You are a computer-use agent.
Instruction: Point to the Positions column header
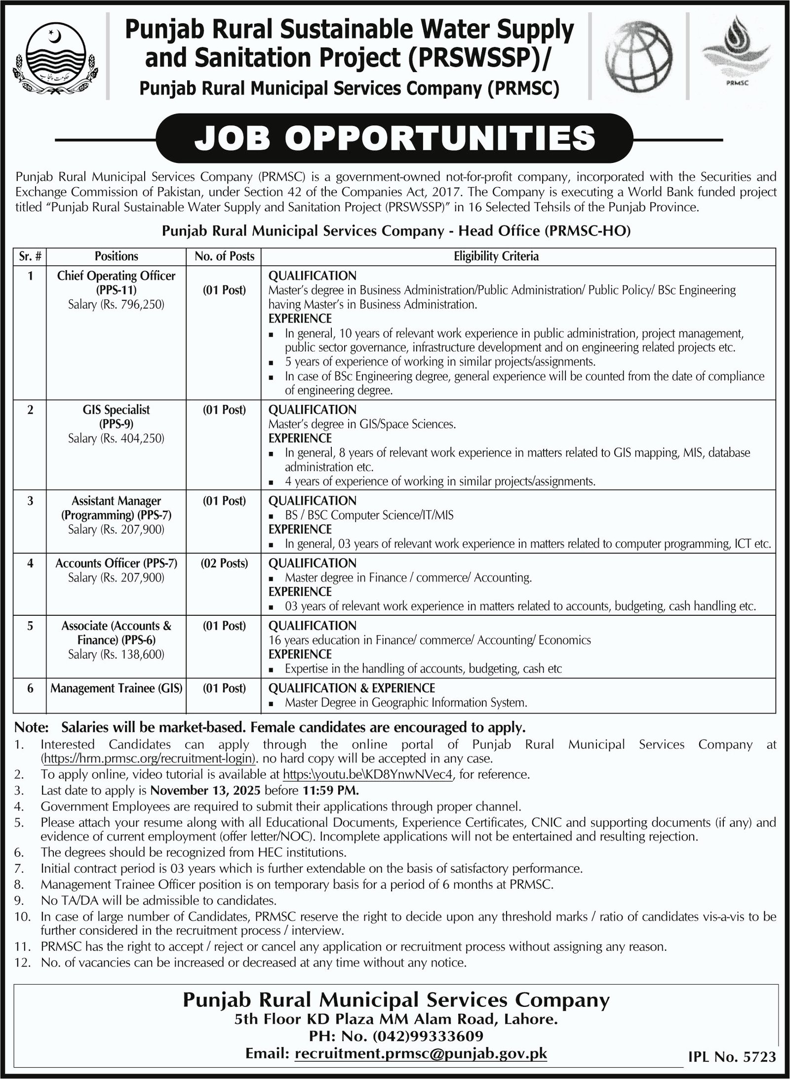pos(117,256)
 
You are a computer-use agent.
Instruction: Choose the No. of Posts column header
pos(224,256)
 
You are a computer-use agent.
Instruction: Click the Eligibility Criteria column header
pos(496,256)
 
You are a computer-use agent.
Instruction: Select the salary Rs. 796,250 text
pos(117,305)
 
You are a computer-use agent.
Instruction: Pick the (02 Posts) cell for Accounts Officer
pos(224,563)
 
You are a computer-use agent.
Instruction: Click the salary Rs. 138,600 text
pos(117,654)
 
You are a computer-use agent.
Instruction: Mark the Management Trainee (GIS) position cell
pos(117,688)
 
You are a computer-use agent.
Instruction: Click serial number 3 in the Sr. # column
pos(30,501)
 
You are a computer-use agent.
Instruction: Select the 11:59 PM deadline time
pos(329,790)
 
